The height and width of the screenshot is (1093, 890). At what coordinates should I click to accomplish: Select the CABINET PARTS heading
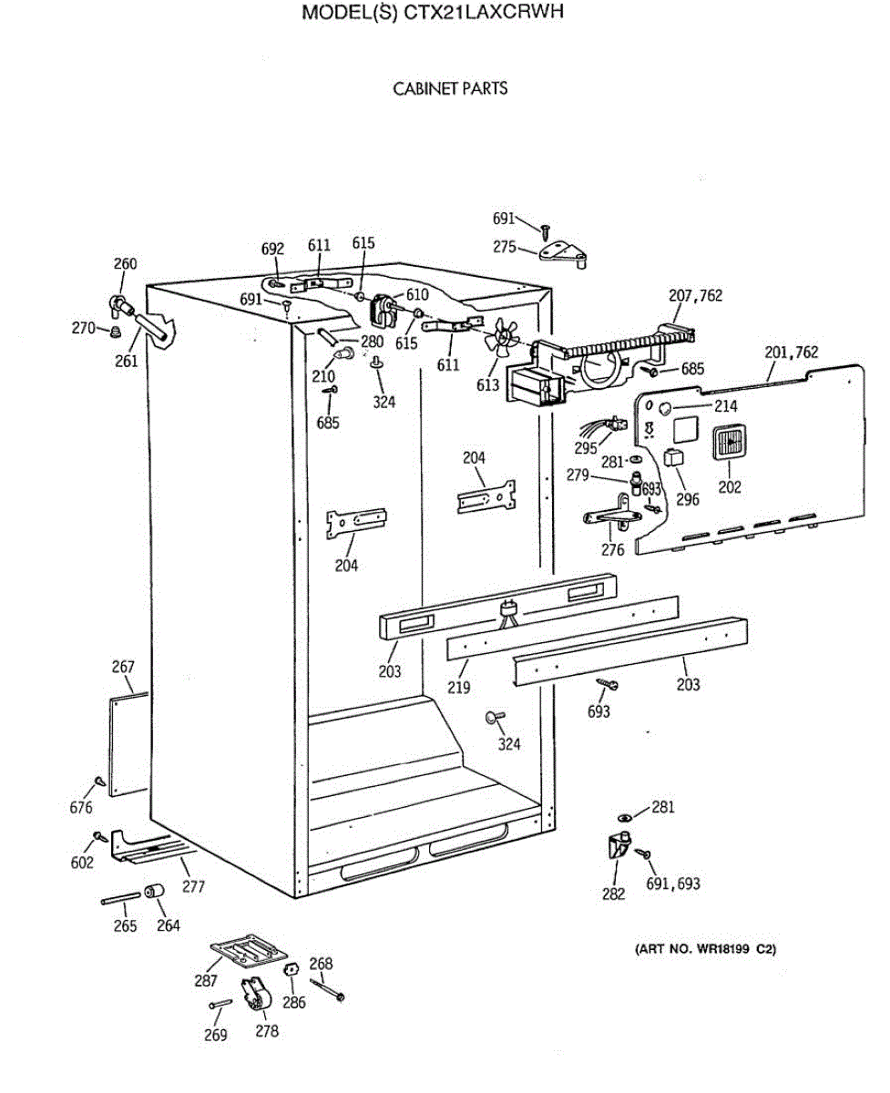(x=450, y=88)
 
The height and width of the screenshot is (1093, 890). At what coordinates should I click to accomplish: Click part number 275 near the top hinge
(x=505, y=246)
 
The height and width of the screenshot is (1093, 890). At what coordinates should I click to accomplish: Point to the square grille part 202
(x=730, y=446)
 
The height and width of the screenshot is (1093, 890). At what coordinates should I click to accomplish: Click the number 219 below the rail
(x=458, y=687)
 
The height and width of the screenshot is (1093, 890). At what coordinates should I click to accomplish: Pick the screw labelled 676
(x=97, y=783)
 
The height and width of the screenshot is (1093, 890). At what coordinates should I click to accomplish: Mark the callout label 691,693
(x=673, y=884)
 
